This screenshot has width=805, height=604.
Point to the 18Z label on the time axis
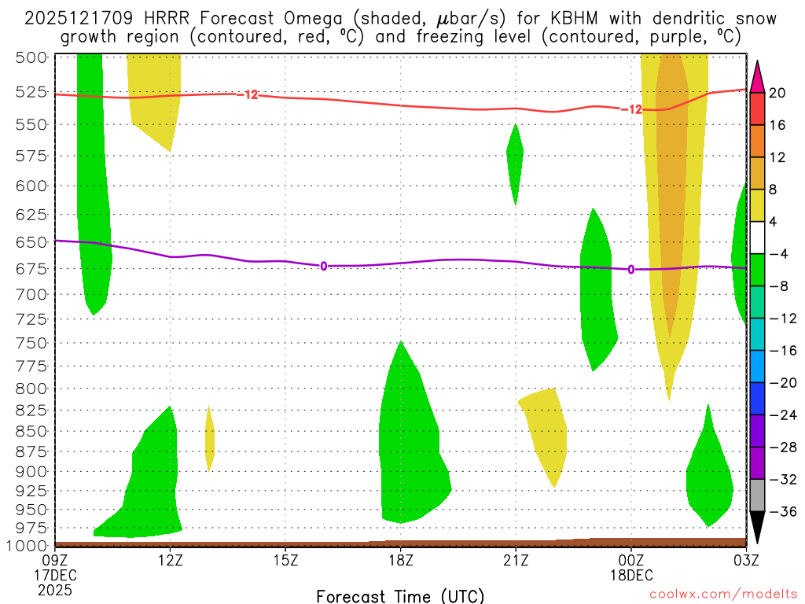pyautogui.click(x=400, y=560)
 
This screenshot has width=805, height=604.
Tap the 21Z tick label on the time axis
pyautogui.click(x=516, y=560)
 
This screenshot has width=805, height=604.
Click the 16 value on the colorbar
pyautogui.click(x=777, y=125)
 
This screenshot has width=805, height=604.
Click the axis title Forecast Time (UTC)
pyautogui.click(x=400, y=595)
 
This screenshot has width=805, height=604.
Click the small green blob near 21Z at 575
pyautogui.click(x=515, y=157)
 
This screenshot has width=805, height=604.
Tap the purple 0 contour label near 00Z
pyautogui.click(x=630, y=270)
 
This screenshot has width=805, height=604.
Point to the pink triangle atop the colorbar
pyautogui.click(x=757, y=75)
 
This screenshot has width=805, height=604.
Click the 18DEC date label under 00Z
pyautogui.click(x=630, y=575)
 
